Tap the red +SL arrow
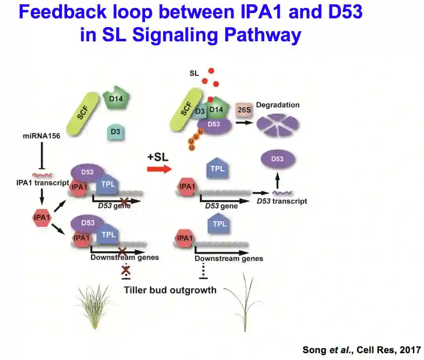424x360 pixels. tap(159, 169)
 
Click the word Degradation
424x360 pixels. tap(278, 105)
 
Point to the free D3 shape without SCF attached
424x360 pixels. tap(115, 132)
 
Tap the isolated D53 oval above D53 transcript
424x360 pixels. tap(278, 160)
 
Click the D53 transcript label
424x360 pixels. tap(281, 201)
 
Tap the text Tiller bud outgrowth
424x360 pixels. tap(170, 290)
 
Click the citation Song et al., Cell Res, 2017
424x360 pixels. tap(361, 349)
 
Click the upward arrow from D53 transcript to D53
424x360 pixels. tap(278, 182)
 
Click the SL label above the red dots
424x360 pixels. tap(194, 73)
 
